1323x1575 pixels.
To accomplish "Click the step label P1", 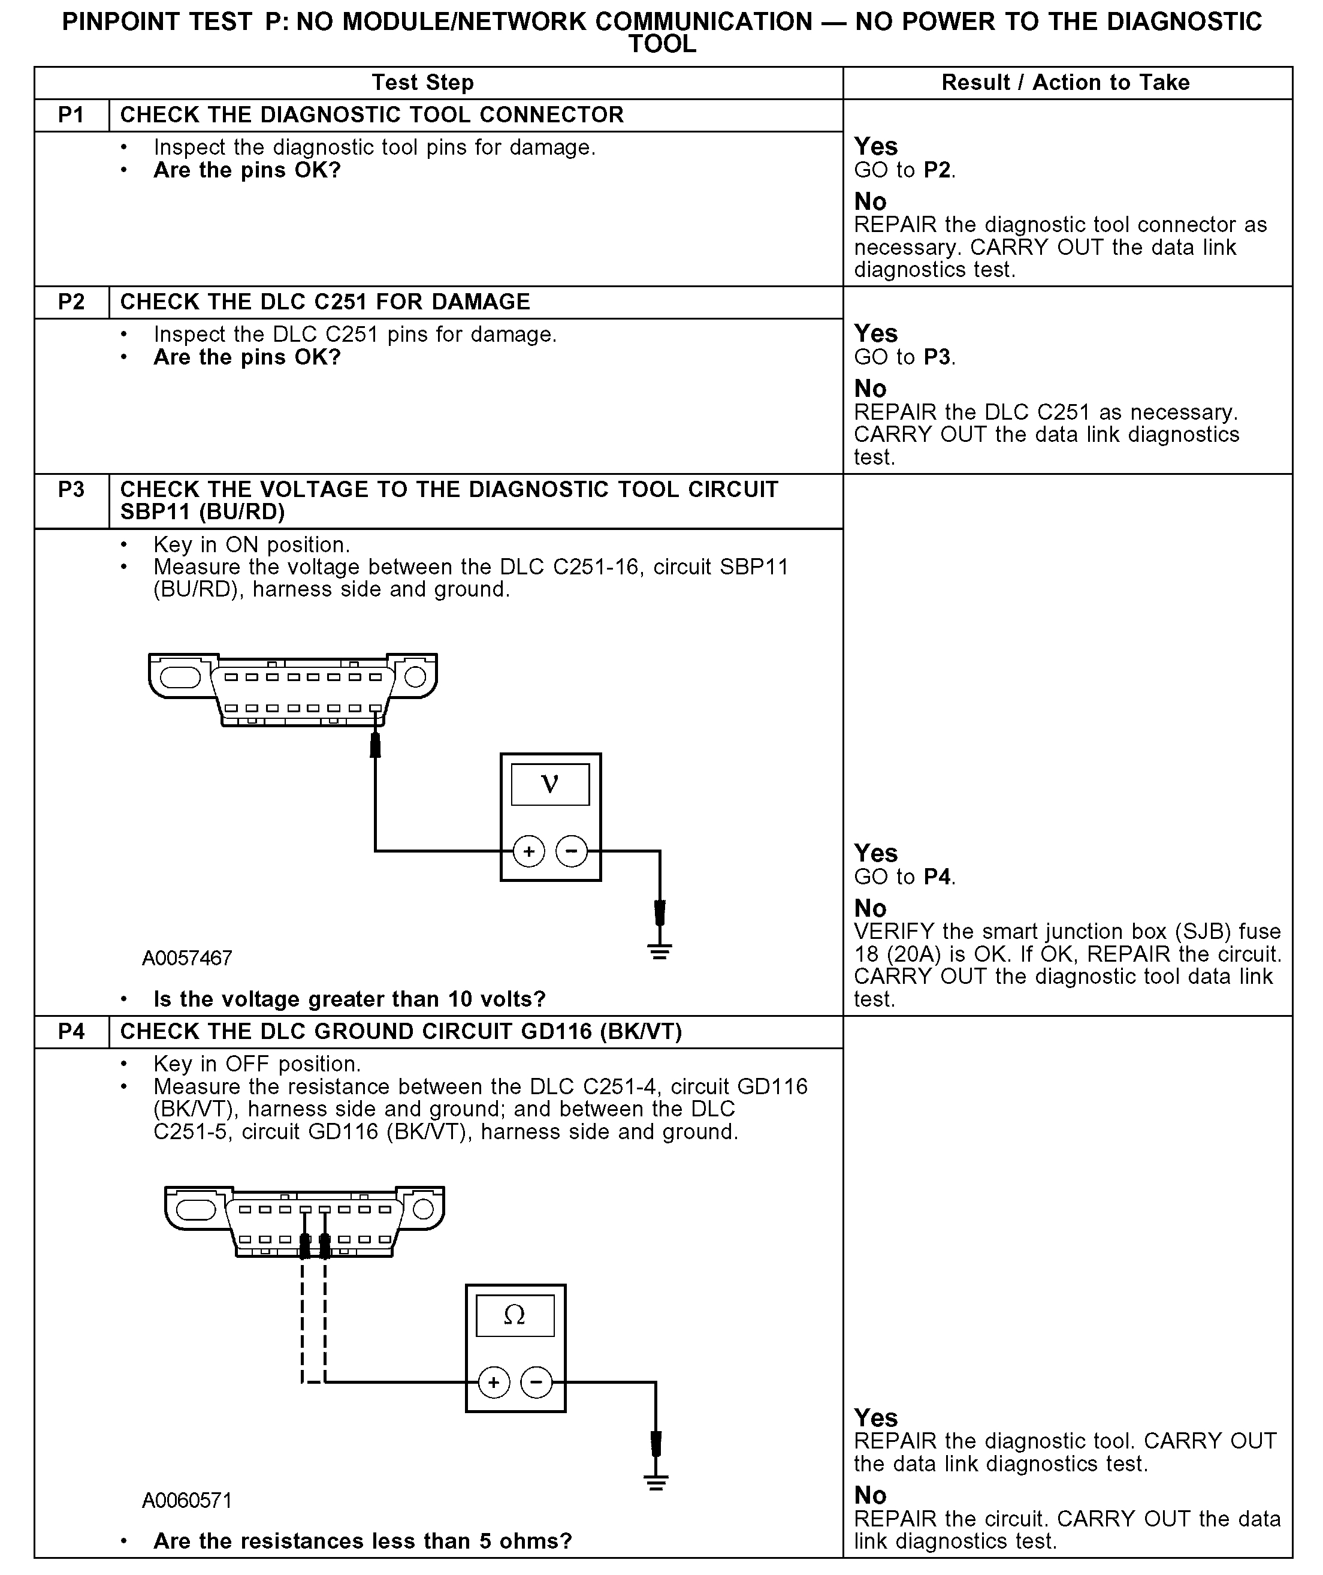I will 71,115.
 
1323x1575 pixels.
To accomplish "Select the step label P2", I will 71,302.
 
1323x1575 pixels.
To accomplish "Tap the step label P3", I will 71,489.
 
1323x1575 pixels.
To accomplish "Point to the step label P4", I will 71,1032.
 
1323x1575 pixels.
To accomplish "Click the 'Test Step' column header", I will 423,83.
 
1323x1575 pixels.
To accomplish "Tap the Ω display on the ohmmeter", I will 515,1315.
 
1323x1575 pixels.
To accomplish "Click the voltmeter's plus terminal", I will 528,851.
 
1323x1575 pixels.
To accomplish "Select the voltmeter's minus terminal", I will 572,851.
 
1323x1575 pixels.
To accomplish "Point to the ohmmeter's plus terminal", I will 494,1381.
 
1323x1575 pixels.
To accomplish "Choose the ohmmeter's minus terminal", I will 536,1381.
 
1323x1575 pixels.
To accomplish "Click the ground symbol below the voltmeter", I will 659,951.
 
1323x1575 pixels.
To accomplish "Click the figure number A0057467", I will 187,958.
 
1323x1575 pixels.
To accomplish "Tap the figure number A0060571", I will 187,1500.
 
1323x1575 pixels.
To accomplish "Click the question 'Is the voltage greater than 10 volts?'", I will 349,999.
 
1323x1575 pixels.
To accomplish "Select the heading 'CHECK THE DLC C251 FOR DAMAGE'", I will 325,302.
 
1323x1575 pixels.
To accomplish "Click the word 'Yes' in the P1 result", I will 875,146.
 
